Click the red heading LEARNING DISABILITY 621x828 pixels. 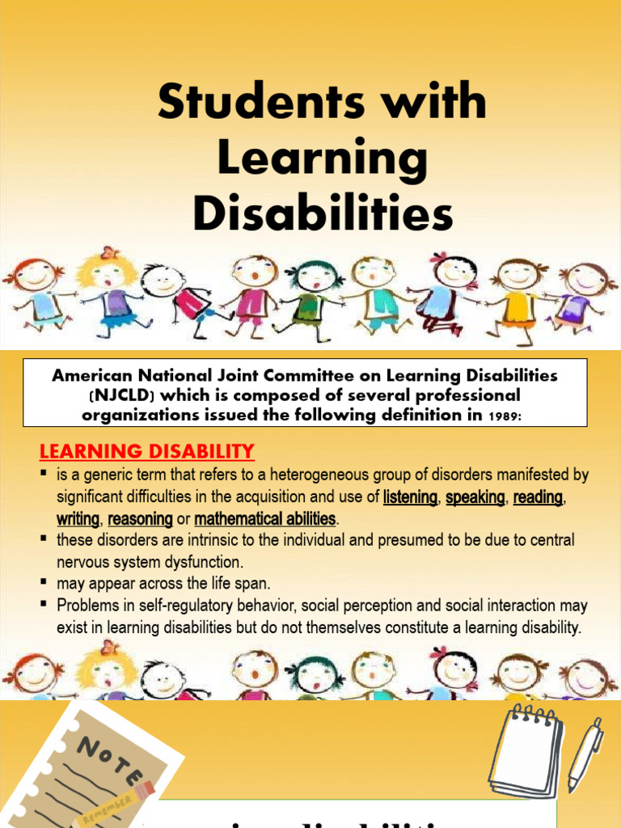tap(147, 451)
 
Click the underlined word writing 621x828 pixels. tap(78, 518)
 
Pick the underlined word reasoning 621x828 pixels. tap(141, 518)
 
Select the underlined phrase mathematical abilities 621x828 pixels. tap(264, 518)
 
